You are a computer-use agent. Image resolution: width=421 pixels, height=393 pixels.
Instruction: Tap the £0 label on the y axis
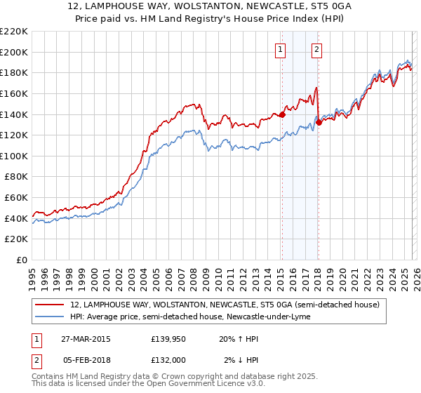(22, 260)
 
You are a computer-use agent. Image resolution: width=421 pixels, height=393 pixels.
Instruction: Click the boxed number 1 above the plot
(280, 49)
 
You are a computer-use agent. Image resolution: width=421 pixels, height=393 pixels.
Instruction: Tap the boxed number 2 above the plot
(317, 49)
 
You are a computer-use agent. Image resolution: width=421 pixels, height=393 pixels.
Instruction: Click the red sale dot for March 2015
(282, 114)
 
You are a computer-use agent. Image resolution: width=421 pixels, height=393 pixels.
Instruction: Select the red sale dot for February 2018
(318, 122)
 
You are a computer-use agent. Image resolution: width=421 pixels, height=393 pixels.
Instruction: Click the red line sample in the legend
(50, 305)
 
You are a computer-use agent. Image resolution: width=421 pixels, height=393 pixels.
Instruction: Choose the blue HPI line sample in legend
(50, 317)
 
